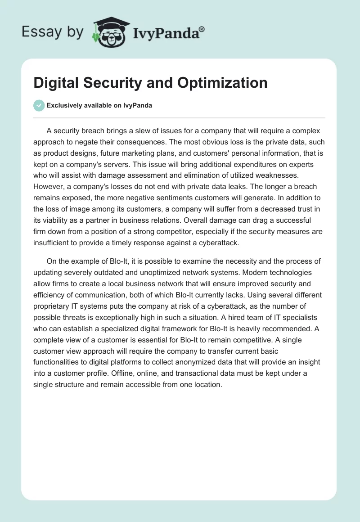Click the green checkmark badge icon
pyautogui.click(x=39, y=105)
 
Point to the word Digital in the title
pyautogui.click(x=56, y=82)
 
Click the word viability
pyautogui.click(x=59, y=220)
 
